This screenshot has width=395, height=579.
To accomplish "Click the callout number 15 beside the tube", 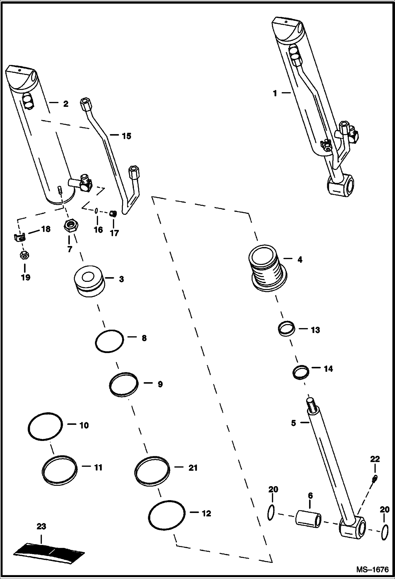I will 126,136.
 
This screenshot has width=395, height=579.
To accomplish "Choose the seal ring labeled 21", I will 152,471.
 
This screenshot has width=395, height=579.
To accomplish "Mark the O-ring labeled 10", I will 45,426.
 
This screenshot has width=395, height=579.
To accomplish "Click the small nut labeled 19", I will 25,255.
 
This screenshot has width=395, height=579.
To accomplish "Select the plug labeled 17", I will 113,213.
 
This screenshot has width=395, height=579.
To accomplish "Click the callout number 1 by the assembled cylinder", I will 275,93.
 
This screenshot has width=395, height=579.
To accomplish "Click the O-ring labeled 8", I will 109,341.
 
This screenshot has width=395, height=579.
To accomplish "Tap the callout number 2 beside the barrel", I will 66,104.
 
